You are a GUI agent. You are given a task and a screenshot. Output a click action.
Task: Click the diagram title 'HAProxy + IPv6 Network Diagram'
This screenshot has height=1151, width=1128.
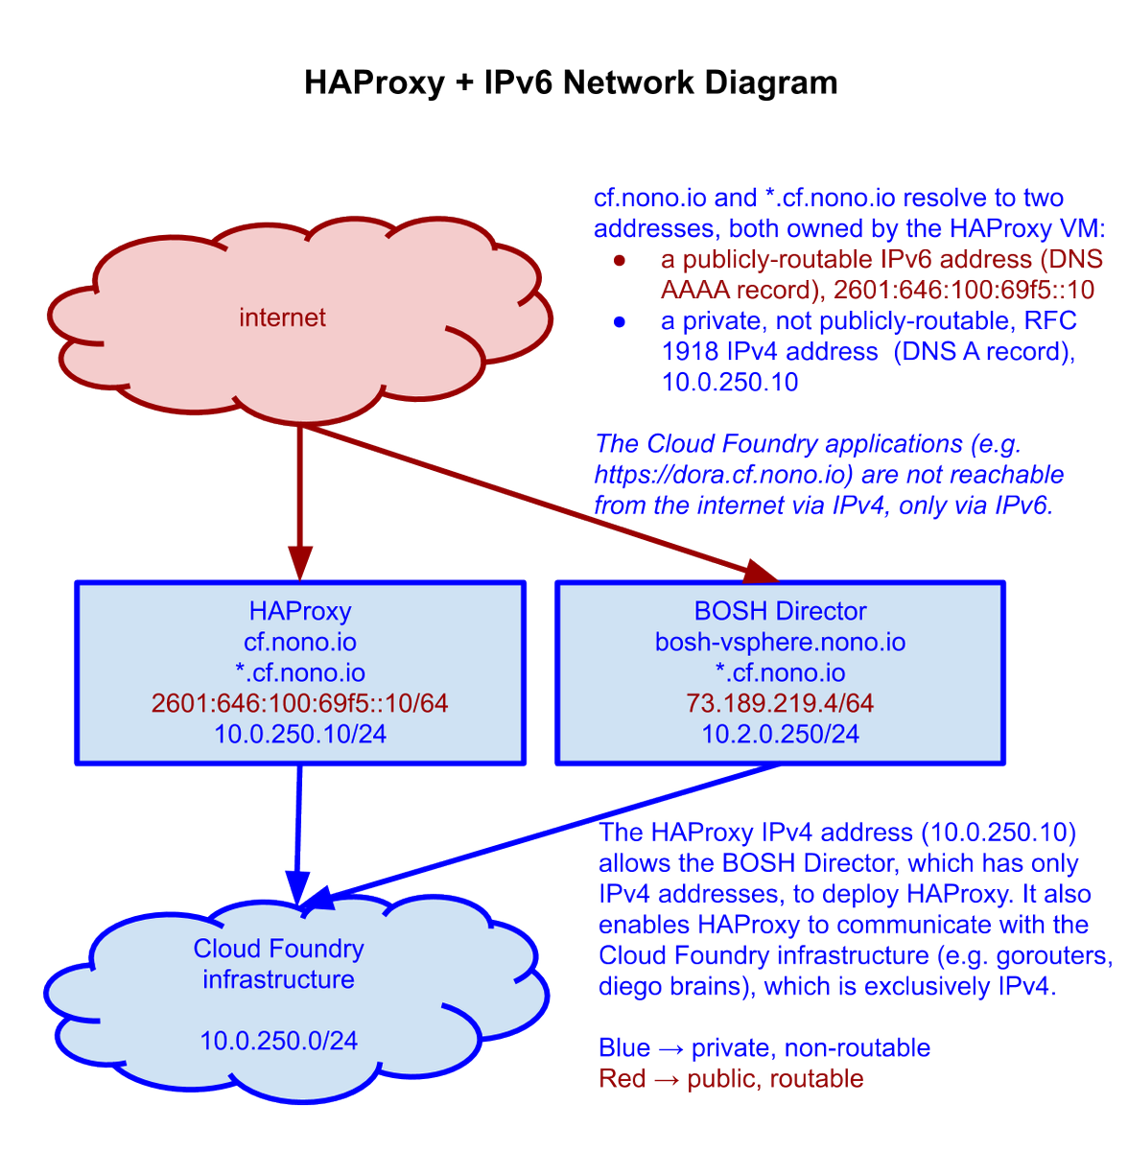click(571, 82)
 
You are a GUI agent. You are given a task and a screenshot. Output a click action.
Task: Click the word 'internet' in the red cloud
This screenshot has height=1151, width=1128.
click(282, 317)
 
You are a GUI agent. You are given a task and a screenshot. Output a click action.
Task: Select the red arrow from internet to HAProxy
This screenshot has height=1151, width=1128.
click(300, 499)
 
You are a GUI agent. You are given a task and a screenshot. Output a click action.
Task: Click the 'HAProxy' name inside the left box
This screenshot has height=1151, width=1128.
click(300, 611)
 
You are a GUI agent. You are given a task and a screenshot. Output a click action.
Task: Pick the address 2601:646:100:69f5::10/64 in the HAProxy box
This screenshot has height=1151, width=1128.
click(300, 703)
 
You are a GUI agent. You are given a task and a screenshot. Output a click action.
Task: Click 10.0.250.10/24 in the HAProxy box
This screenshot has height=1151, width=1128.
click(300, 734)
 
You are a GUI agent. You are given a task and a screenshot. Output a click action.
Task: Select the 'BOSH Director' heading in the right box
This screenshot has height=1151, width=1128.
click(780, 611)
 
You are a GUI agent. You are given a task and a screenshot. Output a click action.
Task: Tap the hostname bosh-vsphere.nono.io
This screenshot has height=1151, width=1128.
click(780, 642)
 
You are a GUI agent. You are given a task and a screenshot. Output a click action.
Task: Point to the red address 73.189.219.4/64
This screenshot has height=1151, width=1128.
click(780, 703)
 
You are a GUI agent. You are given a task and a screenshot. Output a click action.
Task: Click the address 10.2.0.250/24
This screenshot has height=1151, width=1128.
click(780, 734)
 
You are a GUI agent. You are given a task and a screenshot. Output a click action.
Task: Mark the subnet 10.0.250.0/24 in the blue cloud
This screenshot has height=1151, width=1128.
click(278, 1041)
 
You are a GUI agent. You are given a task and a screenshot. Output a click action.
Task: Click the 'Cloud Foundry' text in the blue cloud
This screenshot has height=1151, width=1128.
click(278, 949)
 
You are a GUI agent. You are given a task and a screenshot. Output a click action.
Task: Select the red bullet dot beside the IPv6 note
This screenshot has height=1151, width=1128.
click(620, 260)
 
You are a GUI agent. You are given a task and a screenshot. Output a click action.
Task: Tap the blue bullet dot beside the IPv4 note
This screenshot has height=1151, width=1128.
click(620, 321)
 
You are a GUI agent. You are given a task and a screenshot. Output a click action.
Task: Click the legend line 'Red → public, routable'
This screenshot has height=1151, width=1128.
click(731, 1079)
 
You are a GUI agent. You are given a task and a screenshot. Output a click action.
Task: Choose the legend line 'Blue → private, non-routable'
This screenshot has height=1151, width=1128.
click(764, 1047)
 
